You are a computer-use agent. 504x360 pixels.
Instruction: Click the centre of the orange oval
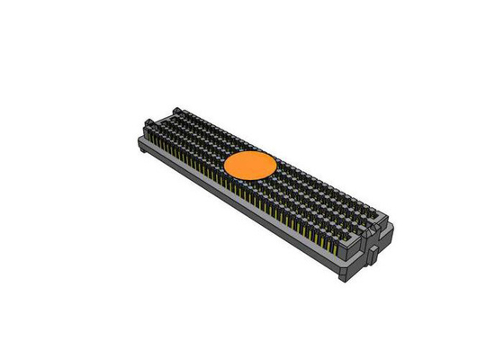tap(250, 166)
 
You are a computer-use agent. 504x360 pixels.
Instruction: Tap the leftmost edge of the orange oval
tap(223, 166)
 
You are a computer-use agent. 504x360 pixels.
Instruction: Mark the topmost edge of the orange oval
tap(250, 150)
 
